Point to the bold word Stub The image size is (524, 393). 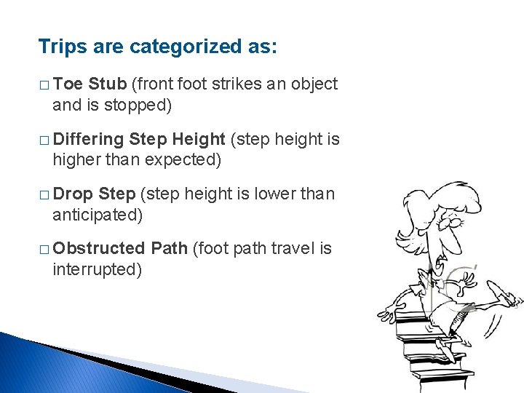(107, 84)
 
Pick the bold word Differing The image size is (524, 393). (88, 140)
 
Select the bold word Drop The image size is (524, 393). (73, 194)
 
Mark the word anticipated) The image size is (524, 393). (98, 215)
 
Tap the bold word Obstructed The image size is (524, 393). (99, 249)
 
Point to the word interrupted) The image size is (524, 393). (96, 269)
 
